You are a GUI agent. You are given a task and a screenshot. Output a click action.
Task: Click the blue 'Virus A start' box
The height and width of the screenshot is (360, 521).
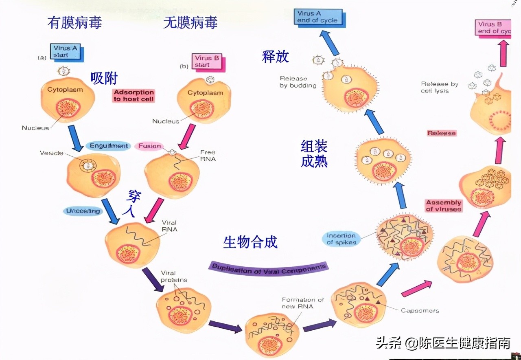[66, 52]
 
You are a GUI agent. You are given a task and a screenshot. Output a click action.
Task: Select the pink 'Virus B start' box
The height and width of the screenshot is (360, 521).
[208, 61]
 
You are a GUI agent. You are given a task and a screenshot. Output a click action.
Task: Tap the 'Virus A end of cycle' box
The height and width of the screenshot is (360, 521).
[317, 17]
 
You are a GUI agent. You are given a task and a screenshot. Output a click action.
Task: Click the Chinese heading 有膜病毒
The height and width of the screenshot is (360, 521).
[74, 22]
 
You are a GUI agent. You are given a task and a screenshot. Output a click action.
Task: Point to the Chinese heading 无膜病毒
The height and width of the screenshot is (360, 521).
[190, 22]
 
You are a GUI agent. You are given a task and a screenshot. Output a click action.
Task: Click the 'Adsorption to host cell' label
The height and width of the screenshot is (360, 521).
[134, 96]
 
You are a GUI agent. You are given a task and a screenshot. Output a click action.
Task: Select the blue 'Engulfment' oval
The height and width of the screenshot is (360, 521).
[109, 146]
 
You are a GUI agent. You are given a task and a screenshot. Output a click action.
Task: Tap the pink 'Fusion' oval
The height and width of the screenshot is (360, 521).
[150, 146]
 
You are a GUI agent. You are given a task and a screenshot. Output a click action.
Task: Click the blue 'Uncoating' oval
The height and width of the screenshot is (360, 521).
[83, 211]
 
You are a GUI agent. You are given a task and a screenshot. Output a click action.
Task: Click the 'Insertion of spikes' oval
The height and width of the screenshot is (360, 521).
[341, 239]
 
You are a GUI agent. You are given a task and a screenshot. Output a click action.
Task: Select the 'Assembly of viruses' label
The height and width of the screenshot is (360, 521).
[444, 206]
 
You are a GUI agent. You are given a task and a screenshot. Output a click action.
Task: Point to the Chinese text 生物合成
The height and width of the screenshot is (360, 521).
[250, 242]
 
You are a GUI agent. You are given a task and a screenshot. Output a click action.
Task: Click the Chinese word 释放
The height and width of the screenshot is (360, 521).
[276, 57]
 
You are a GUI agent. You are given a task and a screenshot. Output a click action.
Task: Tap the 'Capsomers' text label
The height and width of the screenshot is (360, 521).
[420, 311]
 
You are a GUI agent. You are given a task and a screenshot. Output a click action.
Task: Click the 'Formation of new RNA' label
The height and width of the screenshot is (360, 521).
[303, 303]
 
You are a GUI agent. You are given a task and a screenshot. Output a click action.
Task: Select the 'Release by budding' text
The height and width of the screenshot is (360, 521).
[298, 82]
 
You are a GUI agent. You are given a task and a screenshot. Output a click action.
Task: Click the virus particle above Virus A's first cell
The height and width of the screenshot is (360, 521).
[64, 70]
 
